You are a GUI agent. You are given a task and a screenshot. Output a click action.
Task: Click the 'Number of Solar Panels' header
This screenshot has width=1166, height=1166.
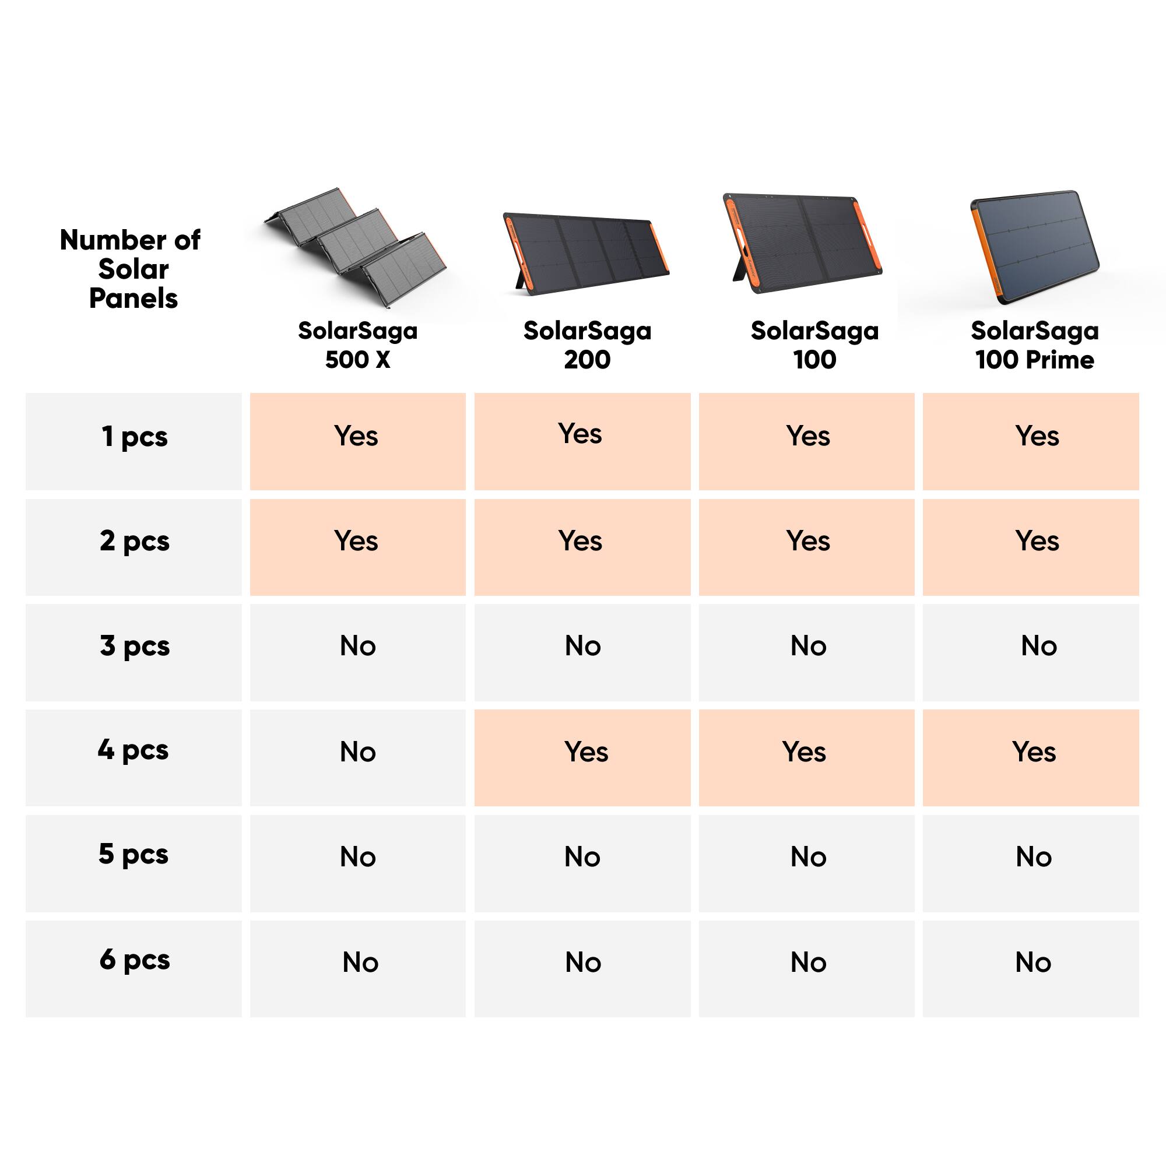(131, 269)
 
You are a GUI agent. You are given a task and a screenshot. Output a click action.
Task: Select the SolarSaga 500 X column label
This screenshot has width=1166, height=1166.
(357, 345)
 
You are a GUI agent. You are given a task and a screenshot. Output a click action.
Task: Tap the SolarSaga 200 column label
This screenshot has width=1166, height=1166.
(586, 345)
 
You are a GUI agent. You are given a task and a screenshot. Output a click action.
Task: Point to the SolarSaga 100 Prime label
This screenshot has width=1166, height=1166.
(1034, 345)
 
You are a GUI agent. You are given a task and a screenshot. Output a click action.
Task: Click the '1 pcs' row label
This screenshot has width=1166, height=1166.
(134, 436)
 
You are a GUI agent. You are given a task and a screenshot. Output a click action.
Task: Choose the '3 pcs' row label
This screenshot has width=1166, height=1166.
(134, 647)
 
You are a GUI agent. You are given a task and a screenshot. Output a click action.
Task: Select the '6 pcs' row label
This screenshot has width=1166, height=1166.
(134, 960)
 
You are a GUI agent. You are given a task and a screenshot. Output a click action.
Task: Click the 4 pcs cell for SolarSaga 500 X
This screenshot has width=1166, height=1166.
(357, 752)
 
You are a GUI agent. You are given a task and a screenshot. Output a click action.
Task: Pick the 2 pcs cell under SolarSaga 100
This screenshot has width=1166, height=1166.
(807, 542)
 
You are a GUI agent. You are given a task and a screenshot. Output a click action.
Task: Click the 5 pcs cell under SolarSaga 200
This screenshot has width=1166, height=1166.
(582, 857)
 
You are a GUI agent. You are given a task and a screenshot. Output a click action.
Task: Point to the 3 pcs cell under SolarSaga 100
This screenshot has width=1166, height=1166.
(807, 647)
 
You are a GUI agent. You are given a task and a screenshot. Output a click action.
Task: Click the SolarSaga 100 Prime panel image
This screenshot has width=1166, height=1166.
(1034, 246)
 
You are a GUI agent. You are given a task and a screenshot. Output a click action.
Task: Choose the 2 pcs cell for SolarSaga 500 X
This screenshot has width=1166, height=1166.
(357, 542)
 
